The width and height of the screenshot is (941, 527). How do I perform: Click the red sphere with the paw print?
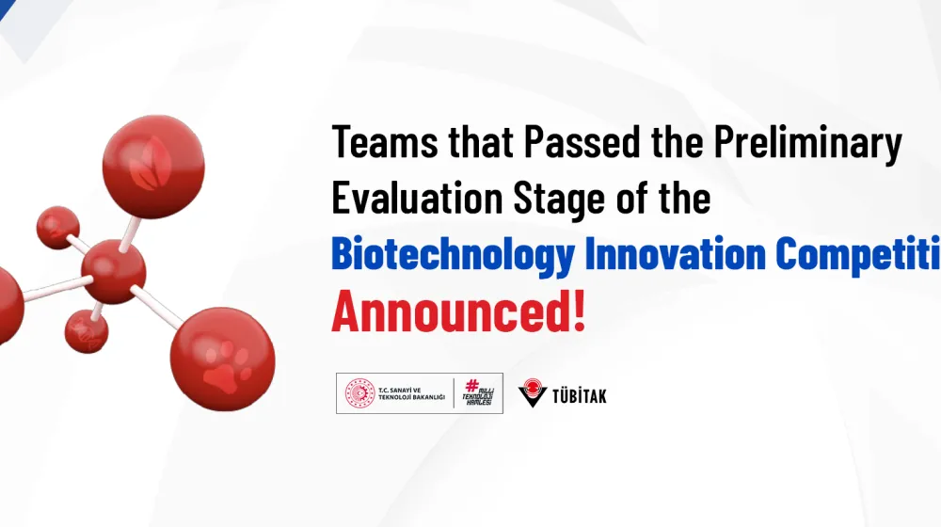click(222, 359)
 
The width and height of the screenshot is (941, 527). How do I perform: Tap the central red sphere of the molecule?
click(113, 271)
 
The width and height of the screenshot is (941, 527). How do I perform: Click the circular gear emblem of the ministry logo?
click(359, 393)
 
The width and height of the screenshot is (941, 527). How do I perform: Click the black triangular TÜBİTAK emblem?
click(533, 393)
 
